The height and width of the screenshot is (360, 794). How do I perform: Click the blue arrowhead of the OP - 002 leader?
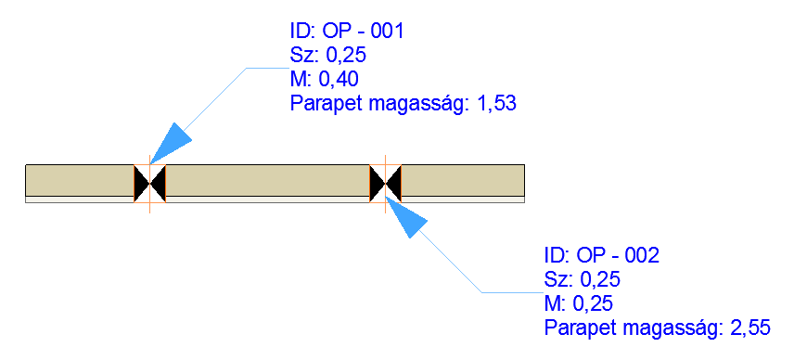(x=406, y=220)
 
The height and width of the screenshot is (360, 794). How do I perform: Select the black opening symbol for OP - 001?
(x=149, y=182)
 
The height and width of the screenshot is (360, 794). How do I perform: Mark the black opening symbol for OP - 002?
(x=385, y=182)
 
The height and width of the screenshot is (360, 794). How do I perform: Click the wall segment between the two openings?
(x=267, y=180)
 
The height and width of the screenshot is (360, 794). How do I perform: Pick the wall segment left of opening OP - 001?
(x=79, y=180)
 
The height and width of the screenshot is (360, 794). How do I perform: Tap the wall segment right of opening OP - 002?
(x=464, y=180)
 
